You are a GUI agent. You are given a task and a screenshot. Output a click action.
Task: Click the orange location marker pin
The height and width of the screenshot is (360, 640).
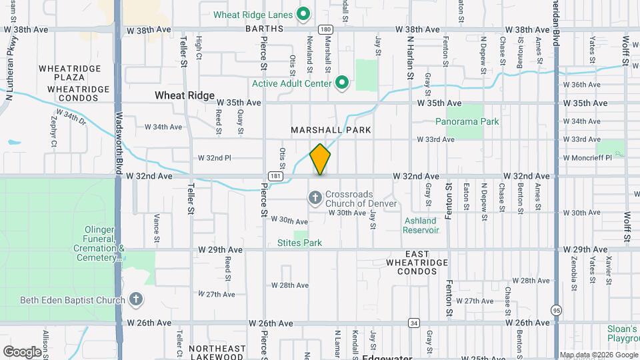point(320,159)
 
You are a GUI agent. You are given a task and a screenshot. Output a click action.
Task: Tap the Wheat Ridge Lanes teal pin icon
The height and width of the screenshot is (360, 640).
point(303,13)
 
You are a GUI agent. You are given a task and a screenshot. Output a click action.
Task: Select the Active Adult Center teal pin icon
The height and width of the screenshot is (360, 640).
point(342,83)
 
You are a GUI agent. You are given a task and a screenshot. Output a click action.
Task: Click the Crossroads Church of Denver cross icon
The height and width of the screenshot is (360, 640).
point(314,197)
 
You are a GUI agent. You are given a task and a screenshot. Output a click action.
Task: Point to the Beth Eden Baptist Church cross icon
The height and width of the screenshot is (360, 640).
point(135,299)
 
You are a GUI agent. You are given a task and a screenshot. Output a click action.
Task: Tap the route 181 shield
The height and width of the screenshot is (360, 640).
point(275,176)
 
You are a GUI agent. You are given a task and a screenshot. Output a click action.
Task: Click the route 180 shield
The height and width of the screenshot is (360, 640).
point(325,29)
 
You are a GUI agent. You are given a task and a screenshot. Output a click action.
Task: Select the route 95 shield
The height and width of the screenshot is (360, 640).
point(556,310)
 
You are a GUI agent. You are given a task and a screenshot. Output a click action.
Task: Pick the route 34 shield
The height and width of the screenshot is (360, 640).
point(414,323)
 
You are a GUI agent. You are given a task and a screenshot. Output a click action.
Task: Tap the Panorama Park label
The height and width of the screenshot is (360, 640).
point(467,122)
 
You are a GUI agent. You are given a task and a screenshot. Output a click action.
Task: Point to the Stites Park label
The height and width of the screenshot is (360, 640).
point(299,243)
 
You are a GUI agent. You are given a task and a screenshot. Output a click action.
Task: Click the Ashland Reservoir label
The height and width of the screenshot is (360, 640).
point(421,225)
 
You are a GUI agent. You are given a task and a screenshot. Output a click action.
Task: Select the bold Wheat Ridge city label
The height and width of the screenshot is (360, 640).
point(185,95)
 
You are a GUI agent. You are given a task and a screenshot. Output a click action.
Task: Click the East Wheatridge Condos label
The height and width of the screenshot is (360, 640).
point(417,263)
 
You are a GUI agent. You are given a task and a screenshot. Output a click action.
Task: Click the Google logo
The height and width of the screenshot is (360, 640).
point(22,351)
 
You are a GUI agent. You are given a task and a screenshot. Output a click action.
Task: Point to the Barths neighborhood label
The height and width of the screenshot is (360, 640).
point(264,29)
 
